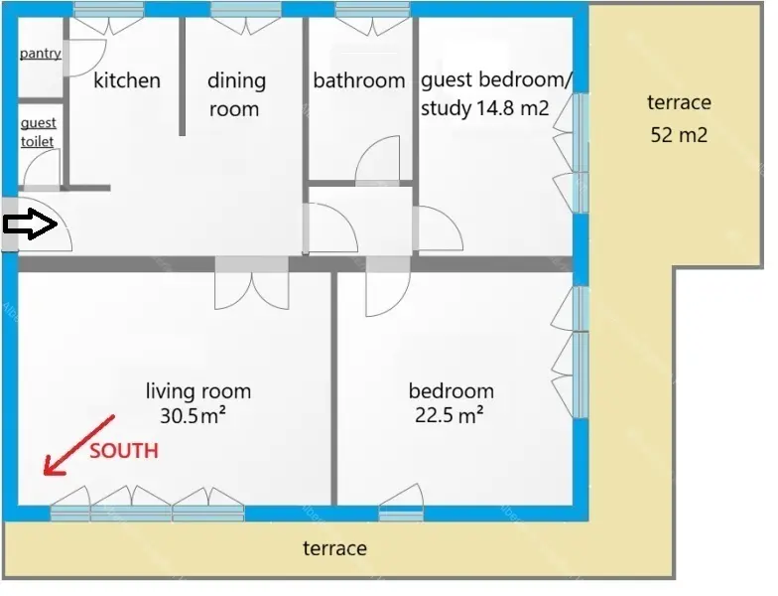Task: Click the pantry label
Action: click(x=41, y=54)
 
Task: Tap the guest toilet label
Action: click(x=38, y=132)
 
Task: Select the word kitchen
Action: click(x=127, y=80)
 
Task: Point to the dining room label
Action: click(x=236, y=94)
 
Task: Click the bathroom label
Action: click(x=359, y=80)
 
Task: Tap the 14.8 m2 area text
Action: click(x=512, y=107)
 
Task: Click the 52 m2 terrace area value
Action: click(x=679, y=135)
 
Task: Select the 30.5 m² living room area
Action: click(x=193, y=415)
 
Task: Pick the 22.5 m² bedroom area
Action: click(x=450, y=415)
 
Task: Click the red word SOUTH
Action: click(x=124, y=451)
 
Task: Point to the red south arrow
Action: click(x=79, y=445)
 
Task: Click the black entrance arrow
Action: click(x=31, y=224)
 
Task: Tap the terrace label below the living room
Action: click(x=335, y=548)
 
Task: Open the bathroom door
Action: click(x=377, y=160)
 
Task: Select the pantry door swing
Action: click(x=85, y=58)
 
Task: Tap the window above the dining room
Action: click(x=246, y=10)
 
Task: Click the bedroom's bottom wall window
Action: click(x=401, y=514)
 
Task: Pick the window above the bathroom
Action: click(x=373, y=10)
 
